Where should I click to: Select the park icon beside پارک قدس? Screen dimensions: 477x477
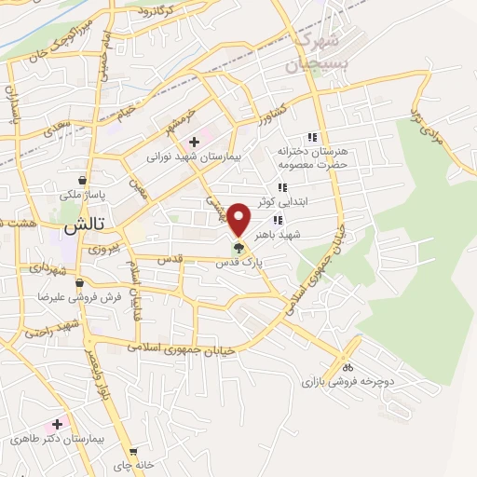[238, 248]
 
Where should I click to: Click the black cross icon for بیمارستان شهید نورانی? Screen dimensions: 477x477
[194, 142]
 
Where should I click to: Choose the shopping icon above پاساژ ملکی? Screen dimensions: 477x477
[84, 181]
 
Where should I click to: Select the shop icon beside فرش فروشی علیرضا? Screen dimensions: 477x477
[79, 282]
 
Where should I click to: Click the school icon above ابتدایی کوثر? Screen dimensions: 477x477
[281, 188]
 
